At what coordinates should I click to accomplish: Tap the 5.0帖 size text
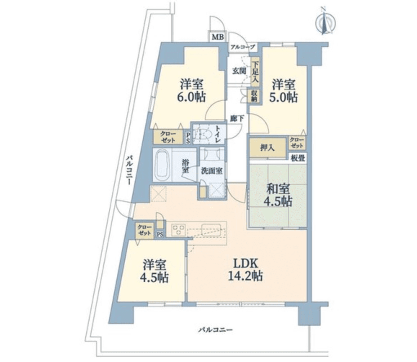(284, 97)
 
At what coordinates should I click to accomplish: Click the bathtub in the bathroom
(164, 165)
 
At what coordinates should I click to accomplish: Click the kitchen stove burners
(178, 229)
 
